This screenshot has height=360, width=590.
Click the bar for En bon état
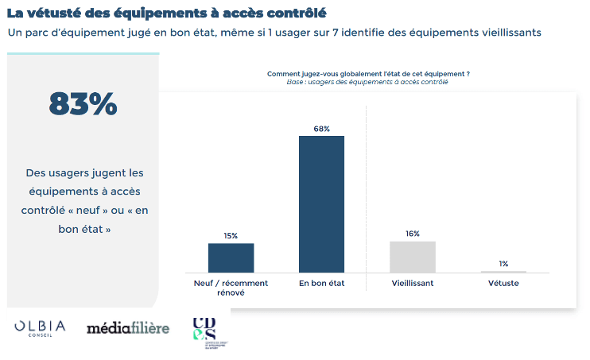point(321,204)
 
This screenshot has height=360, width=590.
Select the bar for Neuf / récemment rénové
point(231,258)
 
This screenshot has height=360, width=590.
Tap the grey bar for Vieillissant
point(412,257)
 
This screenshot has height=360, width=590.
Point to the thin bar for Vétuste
point(503,272)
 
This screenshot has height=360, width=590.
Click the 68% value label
point(321,129)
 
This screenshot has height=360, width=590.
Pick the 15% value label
point(231,236)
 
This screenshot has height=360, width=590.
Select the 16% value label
point(412,234)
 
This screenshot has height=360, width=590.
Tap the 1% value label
point(503,264)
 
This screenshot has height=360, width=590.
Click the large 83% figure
point(83,104)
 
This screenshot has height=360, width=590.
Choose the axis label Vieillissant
point(412,284)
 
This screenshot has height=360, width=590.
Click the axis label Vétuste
point(503,284)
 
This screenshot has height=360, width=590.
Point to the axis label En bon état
point(321,284)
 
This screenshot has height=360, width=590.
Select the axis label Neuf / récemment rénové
point(231,288)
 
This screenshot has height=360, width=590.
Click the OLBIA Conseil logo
point(40,328)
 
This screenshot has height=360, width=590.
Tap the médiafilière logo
point(127,327)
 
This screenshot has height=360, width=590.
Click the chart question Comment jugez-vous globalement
point(367,74)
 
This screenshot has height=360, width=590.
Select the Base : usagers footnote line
point(367,82)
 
